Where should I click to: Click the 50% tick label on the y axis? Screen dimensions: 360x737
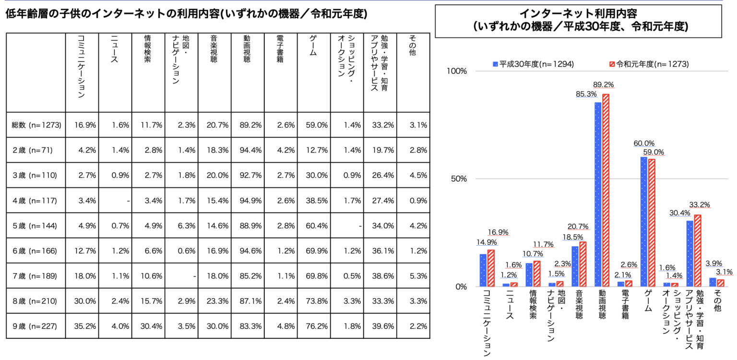458,179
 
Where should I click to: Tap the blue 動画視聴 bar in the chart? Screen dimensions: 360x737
598,194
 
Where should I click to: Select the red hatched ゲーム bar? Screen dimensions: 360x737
652,223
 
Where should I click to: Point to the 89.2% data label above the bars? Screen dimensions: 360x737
606,85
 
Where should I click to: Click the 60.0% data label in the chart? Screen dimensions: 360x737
643,143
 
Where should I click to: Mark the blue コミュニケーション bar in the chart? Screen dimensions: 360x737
483,270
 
